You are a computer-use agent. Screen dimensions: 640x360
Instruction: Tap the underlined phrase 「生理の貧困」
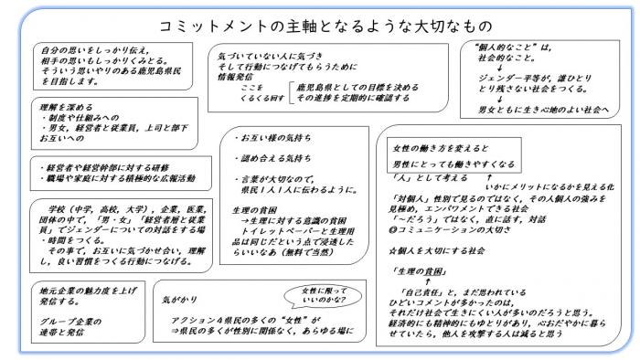pos(415,272)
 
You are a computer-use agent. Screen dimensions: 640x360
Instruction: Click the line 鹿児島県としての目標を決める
pos(339,89)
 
